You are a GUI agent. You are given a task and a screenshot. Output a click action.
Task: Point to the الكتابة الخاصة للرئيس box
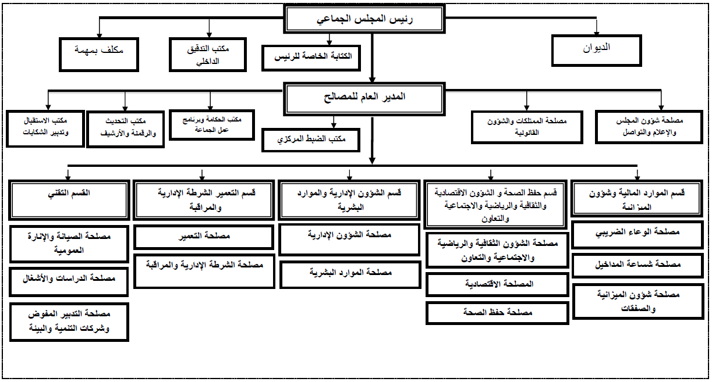pos(311,57)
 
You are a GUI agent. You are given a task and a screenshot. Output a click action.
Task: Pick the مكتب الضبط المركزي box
pos(311,140)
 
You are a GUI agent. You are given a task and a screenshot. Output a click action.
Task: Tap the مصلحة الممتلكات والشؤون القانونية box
pos(527,126)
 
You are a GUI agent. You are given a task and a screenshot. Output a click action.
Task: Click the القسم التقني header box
pos(69,199)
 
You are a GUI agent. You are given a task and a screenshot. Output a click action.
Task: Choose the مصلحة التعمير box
pos(204,237)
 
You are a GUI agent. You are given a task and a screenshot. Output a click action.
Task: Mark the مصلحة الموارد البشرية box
pos(349,273)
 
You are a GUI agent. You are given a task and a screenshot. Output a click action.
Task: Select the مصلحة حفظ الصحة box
pos(497,313)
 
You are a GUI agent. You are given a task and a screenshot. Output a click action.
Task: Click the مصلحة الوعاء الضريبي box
pos(638,234)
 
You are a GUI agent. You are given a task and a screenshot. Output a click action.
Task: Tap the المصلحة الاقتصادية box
pos(497,284)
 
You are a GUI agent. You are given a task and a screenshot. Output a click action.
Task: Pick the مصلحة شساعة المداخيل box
pos(638,265)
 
